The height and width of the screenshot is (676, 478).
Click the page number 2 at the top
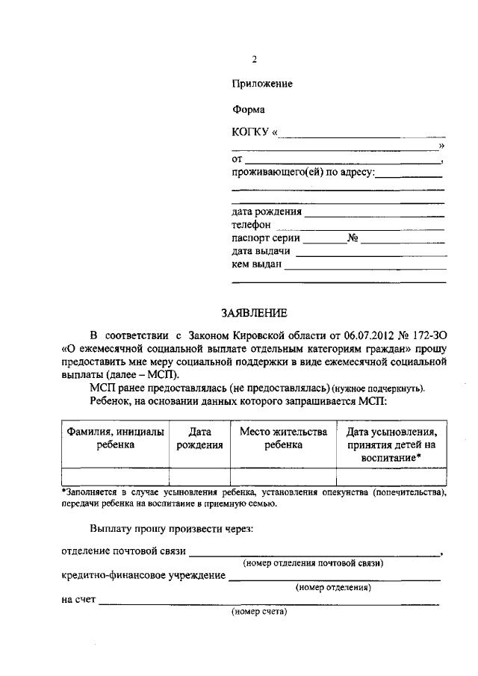pos(255,60)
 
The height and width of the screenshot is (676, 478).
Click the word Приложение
pos(262,84)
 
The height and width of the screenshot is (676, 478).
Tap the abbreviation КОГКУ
pos(251,133)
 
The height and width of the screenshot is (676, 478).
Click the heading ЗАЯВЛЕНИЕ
pos(252,311)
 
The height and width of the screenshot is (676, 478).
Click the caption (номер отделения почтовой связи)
pos(314,562)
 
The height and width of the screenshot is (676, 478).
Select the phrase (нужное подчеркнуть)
pos(379,388)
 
